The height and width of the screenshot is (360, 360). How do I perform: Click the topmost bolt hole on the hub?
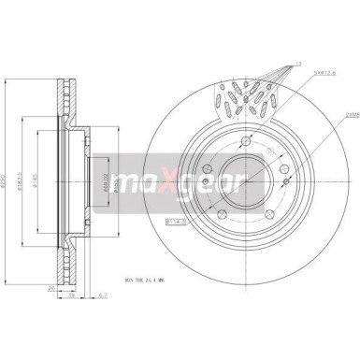[x=245, y=142]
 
